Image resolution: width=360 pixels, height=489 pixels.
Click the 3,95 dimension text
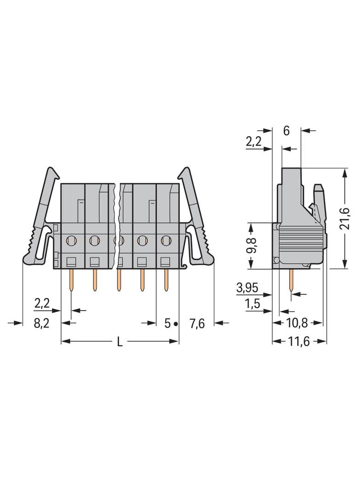pos(247,288)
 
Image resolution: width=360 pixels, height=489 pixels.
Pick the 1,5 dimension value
pos(253,304)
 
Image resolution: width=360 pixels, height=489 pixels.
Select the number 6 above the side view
pos(287,131)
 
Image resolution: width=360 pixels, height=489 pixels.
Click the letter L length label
pos(119,342)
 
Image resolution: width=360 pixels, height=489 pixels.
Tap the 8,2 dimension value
pos(42,324)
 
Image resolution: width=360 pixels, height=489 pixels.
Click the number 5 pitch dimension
pos(168,324)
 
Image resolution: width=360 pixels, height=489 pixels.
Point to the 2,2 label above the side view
pos(253,142)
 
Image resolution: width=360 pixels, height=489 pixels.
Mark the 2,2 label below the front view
pos(42,303)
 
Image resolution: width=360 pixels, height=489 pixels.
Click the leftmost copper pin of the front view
pos(71,281)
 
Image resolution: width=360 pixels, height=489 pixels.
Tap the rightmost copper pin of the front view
pos(166,281)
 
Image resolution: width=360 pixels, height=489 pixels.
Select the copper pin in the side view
pos(291,281)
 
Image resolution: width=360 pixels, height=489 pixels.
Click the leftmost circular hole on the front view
pos(71,239)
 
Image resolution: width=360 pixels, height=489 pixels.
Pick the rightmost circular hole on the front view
pos(166,239)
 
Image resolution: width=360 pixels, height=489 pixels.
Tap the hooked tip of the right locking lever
pos(185,171)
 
